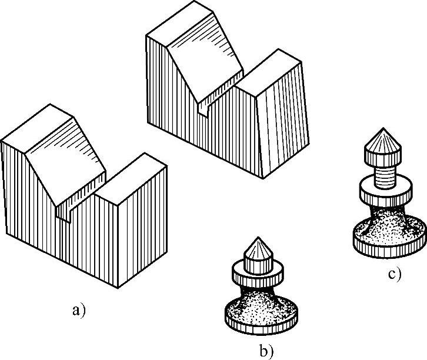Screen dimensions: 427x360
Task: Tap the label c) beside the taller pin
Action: coord(394,274)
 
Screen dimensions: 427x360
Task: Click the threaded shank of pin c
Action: coord(383,175)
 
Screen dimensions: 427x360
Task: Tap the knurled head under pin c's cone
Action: coord(382,158)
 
